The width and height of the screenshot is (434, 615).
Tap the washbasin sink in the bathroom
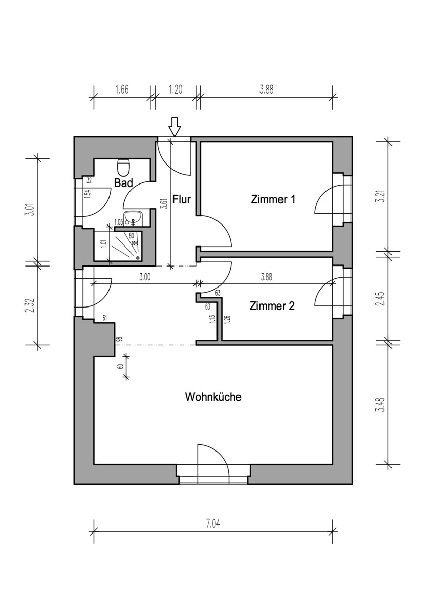click(133, 218)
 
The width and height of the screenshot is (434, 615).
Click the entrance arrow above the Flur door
click(175, 127)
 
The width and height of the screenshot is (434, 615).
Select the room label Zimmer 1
click(273, 199)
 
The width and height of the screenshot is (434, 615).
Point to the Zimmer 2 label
click(272, 306)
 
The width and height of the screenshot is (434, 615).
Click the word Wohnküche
click(213, 397)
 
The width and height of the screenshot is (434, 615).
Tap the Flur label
click(182, 199)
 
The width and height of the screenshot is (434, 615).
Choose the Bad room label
click(123, 183)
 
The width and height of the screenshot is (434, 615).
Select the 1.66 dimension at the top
click(122, 90)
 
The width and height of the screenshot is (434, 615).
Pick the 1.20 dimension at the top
click(176, 90)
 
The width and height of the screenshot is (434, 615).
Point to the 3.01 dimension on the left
click(32, 209)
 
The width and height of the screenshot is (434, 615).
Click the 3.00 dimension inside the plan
click(145, 277)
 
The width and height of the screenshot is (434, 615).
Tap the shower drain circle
click(137, 258)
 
